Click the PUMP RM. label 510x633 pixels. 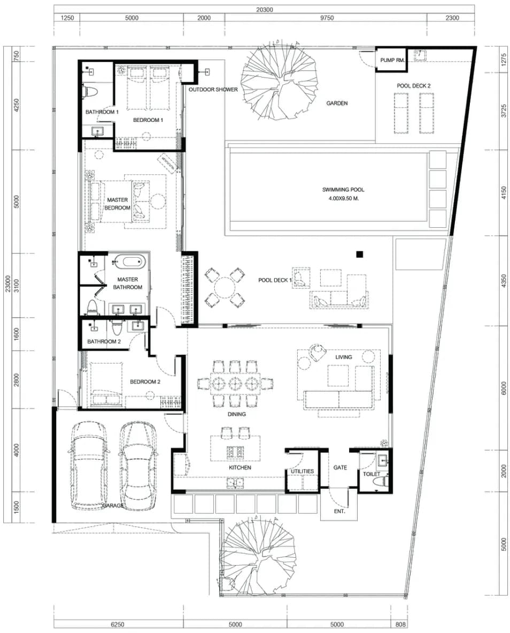click(x=392, y=60)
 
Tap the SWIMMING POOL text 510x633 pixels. click(x=343, y=189)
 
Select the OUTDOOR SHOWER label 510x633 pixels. click(x=213, y=89)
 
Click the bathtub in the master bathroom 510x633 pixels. click(x=128, y=261)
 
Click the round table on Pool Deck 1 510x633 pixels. click(x=225, y=288)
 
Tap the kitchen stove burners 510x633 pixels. click(x=235, y=452)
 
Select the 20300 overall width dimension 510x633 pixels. click(x=265, y=9)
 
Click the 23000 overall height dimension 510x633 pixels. click(x=7, y=284)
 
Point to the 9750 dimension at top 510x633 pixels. click(x=327, y=17)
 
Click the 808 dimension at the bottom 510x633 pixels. click(x=400, y=624)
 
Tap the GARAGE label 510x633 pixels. click(x=113, y=505)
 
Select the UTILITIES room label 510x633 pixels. click(x=302, y=471)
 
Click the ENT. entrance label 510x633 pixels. click(x=339, y=511)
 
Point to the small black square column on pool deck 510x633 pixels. click(x=359, y=254)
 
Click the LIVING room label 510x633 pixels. click(x=344, y=357)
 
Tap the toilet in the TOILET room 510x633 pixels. click(x=383, y=480)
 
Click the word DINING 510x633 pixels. click(x=237, y=414)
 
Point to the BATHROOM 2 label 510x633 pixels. click(x=104, y=341)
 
